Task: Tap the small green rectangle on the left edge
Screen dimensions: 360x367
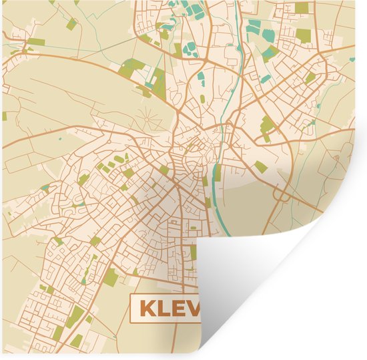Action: point(3,116)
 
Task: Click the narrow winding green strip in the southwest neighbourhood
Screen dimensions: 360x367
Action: point(87,267)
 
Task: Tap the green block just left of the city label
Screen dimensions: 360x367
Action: point(111,277)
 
